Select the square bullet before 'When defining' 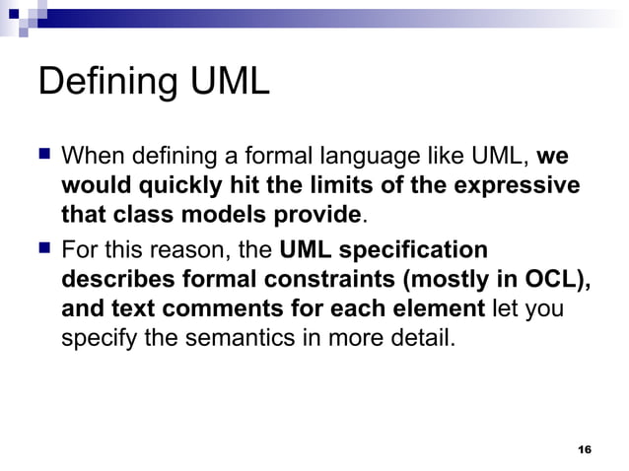[43, 156]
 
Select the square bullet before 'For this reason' [43, 250]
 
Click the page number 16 [584, 449]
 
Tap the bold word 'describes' [113, 279]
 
